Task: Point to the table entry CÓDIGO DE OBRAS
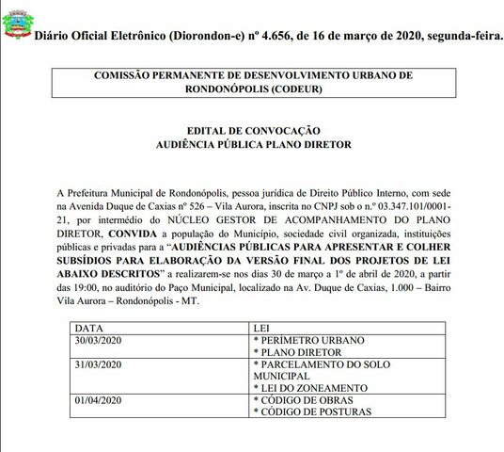pyautogui.click(x=302, y=401)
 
